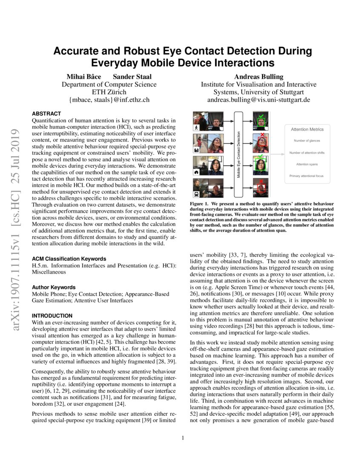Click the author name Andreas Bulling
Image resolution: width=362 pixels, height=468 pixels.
point(259,77)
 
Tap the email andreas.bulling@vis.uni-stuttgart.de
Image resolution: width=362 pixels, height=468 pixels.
point(259,100)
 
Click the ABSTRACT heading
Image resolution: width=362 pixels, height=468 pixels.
point(46,114)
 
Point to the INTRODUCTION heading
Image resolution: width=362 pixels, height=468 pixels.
point(52,316)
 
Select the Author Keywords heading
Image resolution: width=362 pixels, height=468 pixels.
point(54,287)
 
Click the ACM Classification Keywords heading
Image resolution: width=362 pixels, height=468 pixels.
point(69,259)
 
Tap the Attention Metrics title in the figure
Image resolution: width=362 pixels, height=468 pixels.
point(307,129)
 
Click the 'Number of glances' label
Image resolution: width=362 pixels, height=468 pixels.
point(307,140)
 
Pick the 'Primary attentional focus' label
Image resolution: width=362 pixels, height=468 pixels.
point(307,175)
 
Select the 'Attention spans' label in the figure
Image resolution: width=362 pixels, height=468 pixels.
point(307,164)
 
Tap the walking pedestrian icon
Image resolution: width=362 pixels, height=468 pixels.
point(197,128)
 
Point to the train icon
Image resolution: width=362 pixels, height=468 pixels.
point(197,195)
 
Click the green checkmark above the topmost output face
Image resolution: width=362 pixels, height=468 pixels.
point(261,115)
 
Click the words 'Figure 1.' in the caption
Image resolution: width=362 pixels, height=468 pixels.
point(200,204)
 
